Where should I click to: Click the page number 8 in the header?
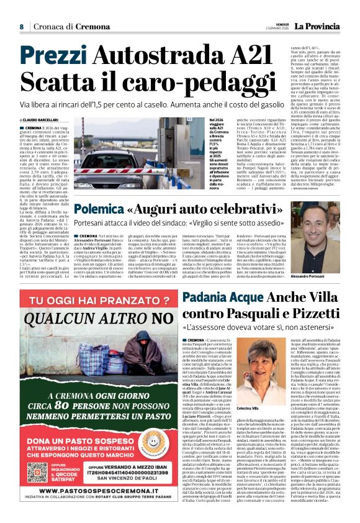click(21, 27)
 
